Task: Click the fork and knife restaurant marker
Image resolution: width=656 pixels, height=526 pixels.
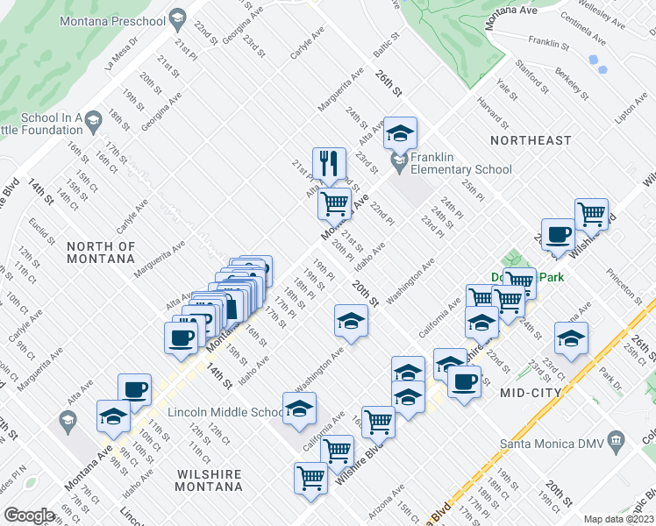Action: (329, 162)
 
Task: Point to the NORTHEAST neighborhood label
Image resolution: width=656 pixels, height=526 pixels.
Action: (531, 140)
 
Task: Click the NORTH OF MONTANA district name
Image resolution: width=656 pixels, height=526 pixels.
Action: (102, 253)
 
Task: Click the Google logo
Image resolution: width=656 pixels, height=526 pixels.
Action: (29, 515)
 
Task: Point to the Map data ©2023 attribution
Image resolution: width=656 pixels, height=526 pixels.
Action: (618, 519)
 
